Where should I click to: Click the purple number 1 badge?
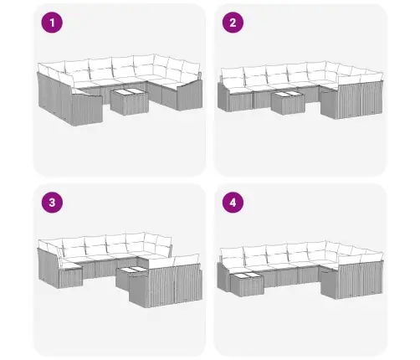coord(52,23)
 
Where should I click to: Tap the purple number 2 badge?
coord(233,23)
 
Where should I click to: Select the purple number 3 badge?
coord(52,203)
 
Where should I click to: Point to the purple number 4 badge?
coord(233,203)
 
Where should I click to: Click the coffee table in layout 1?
coord(129,101)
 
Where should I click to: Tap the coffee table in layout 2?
coord(288,103)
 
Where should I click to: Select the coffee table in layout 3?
coord(131,277)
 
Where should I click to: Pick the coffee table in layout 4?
coord(247,284)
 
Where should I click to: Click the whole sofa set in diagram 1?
coord(120,90)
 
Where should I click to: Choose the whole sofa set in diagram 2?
coord(300,90)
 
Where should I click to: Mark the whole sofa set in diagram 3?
coord(120,270)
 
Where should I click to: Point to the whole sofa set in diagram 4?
coord(300,270)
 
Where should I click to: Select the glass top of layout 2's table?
coord(288,95)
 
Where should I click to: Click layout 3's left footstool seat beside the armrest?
coord(71,266)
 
